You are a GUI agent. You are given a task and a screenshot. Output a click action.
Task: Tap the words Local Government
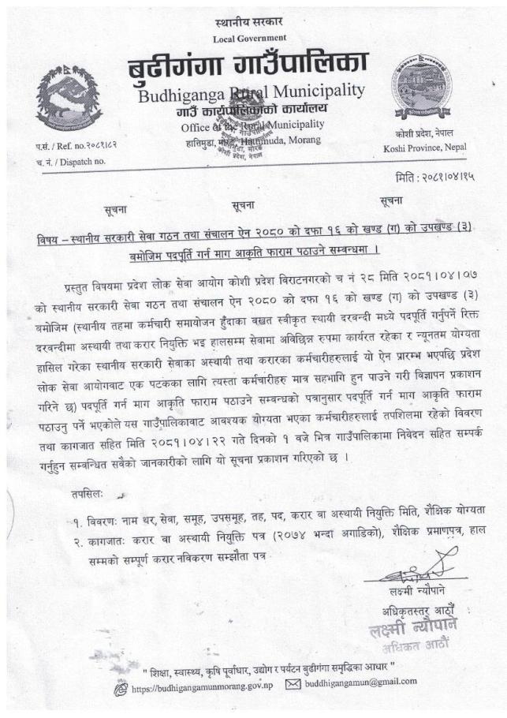pos(250,39)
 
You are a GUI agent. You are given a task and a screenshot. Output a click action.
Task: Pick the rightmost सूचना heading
pos(393,200)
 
